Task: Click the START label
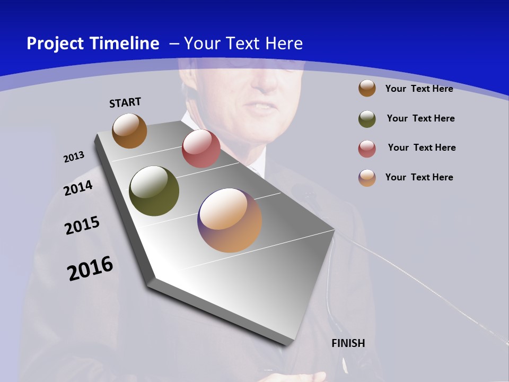125,102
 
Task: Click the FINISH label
348,343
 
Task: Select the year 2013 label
74,157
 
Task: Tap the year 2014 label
78,188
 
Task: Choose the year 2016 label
90,268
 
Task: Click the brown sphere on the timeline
129,131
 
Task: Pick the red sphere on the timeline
201,149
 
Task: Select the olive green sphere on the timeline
154,191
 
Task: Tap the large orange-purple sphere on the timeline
230,220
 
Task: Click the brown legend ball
367,88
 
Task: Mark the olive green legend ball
367,119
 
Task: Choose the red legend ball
367,149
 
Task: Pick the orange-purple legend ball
367,178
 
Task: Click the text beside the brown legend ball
419,89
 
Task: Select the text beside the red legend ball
422,147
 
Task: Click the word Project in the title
55,44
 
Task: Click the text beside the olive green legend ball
420,118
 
